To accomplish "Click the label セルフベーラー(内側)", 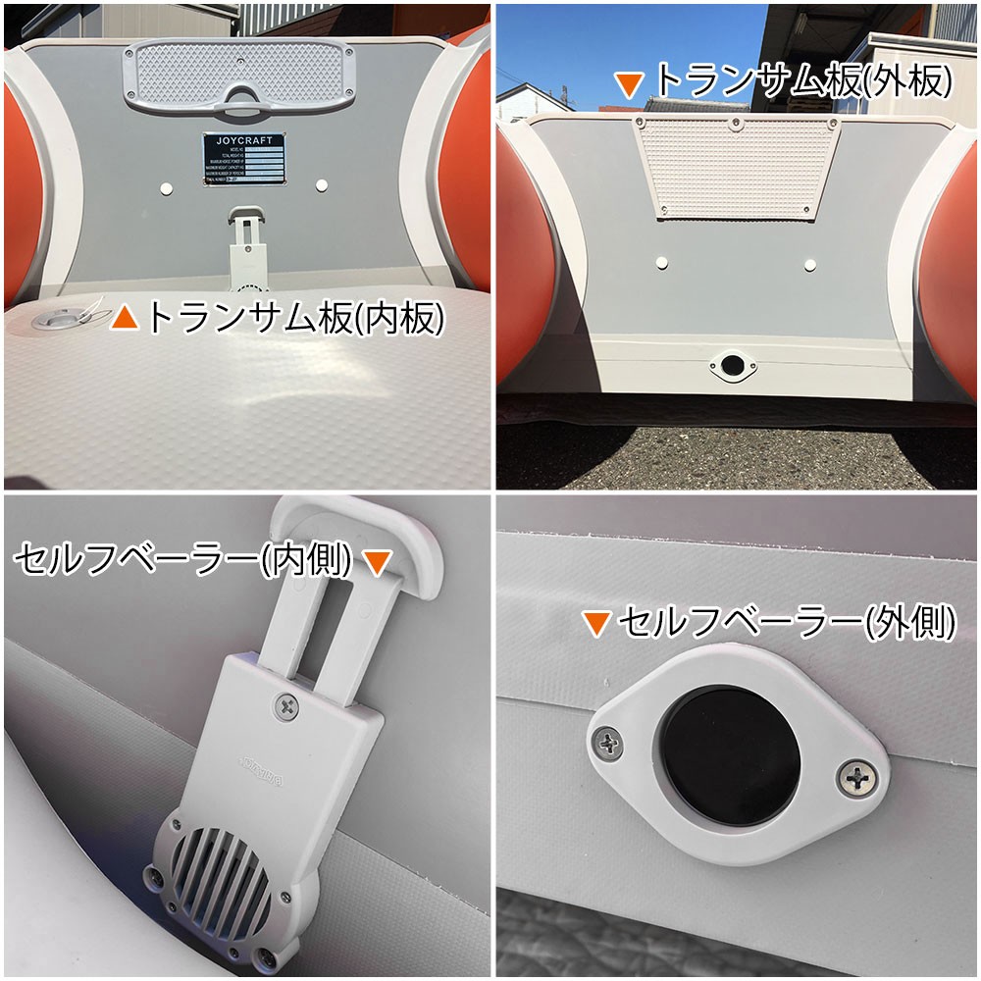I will pyautogui.click(x=183, y=561).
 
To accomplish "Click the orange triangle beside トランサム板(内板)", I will pyautogui.click(x=125, y=318).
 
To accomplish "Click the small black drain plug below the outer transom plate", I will pyautogui.click(x=731, y=367).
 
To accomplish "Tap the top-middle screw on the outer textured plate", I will pyautogui.click(x=736, y=124).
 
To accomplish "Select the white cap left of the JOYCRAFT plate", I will pyautogui.click(x=165, y=186).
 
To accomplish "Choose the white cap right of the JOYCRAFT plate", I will pyautogui.click(x=323, y=184).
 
